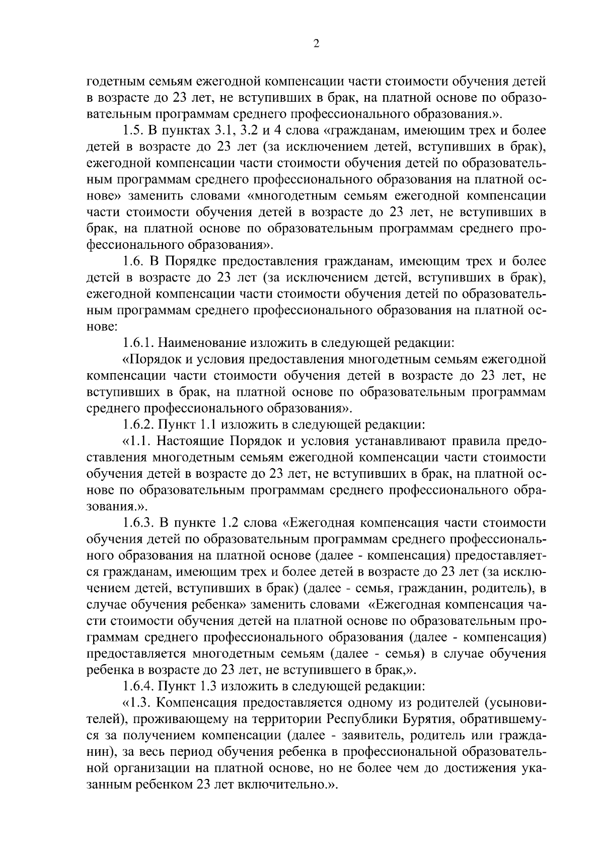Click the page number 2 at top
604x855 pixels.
pyautogui.click(x=316, y=44)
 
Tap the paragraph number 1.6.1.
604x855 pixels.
pyautogui.click(x=139, y=343)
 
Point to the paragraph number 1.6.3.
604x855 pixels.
pyautogui.click(x=139, y=523)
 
